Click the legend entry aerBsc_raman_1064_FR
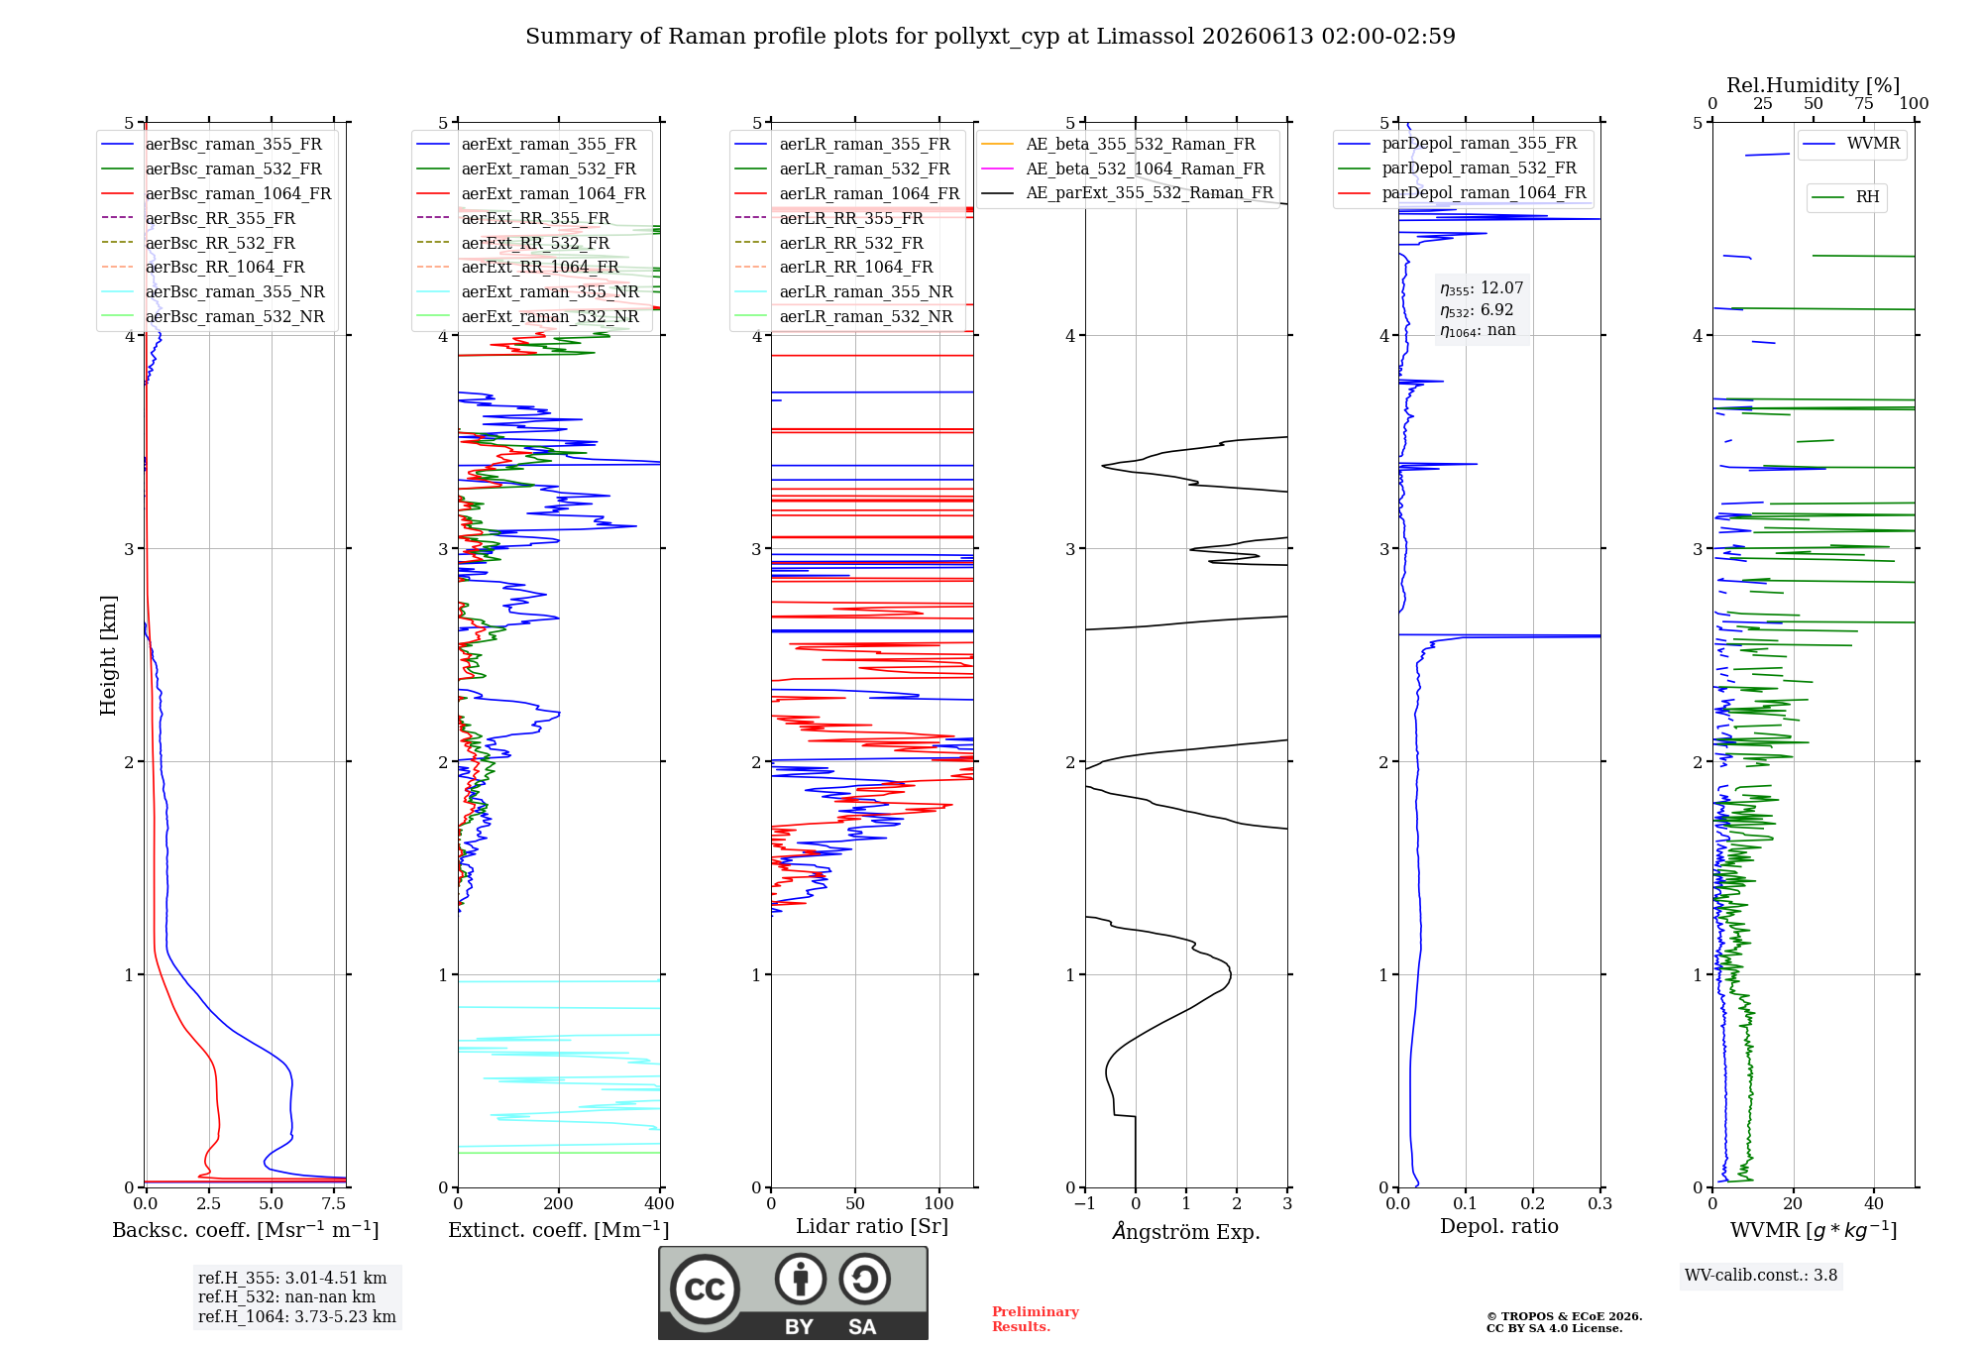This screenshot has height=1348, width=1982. click(x=216, y=193)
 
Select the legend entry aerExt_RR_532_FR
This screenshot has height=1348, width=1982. click(x=513, y=243)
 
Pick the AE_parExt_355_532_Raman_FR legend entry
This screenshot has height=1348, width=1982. click(x=1128, y=192)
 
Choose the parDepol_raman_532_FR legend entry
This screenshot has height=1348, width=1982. click(x=1458, y=168)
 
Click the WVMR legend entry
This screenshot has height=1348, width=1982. click(x=1851, y=144)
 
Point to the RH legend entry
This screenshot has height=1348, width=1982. click(x=1845, y=197)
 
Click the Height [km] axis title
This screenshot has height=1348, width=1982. click(x=108, y=655)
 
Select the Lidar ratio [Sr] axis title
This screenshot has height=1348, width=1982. click(x=872, y=1226)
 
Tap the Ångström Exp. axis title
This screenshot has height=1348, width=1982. click(x=1186, y=1231)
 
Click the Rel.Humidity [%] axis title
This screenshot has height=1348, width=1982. click(x=1814, y=85)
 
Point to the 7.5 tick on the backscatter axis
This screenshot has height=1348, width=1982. click(x=334, y=1203)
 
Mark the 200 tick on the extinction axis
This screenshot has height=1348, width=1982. click(x=559, y=1203)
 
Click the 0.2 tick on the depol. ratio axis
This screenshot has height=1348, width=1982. click(x=1533, y=1203)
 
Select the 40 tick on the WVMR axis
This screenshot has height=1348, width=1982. click(x=1874, y=1203)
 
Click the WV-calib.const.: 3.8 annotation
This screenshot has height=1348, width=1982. click(x=1761, y=1276)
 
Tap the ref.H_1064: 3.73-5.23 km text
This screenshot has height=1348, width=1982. click(x=297, y=1316)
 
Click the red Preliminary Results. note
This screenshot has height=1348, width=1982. click(x=1036, y=1319)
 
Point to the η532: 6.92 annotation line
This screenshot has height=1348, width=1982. click(x=1477, y=310)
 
